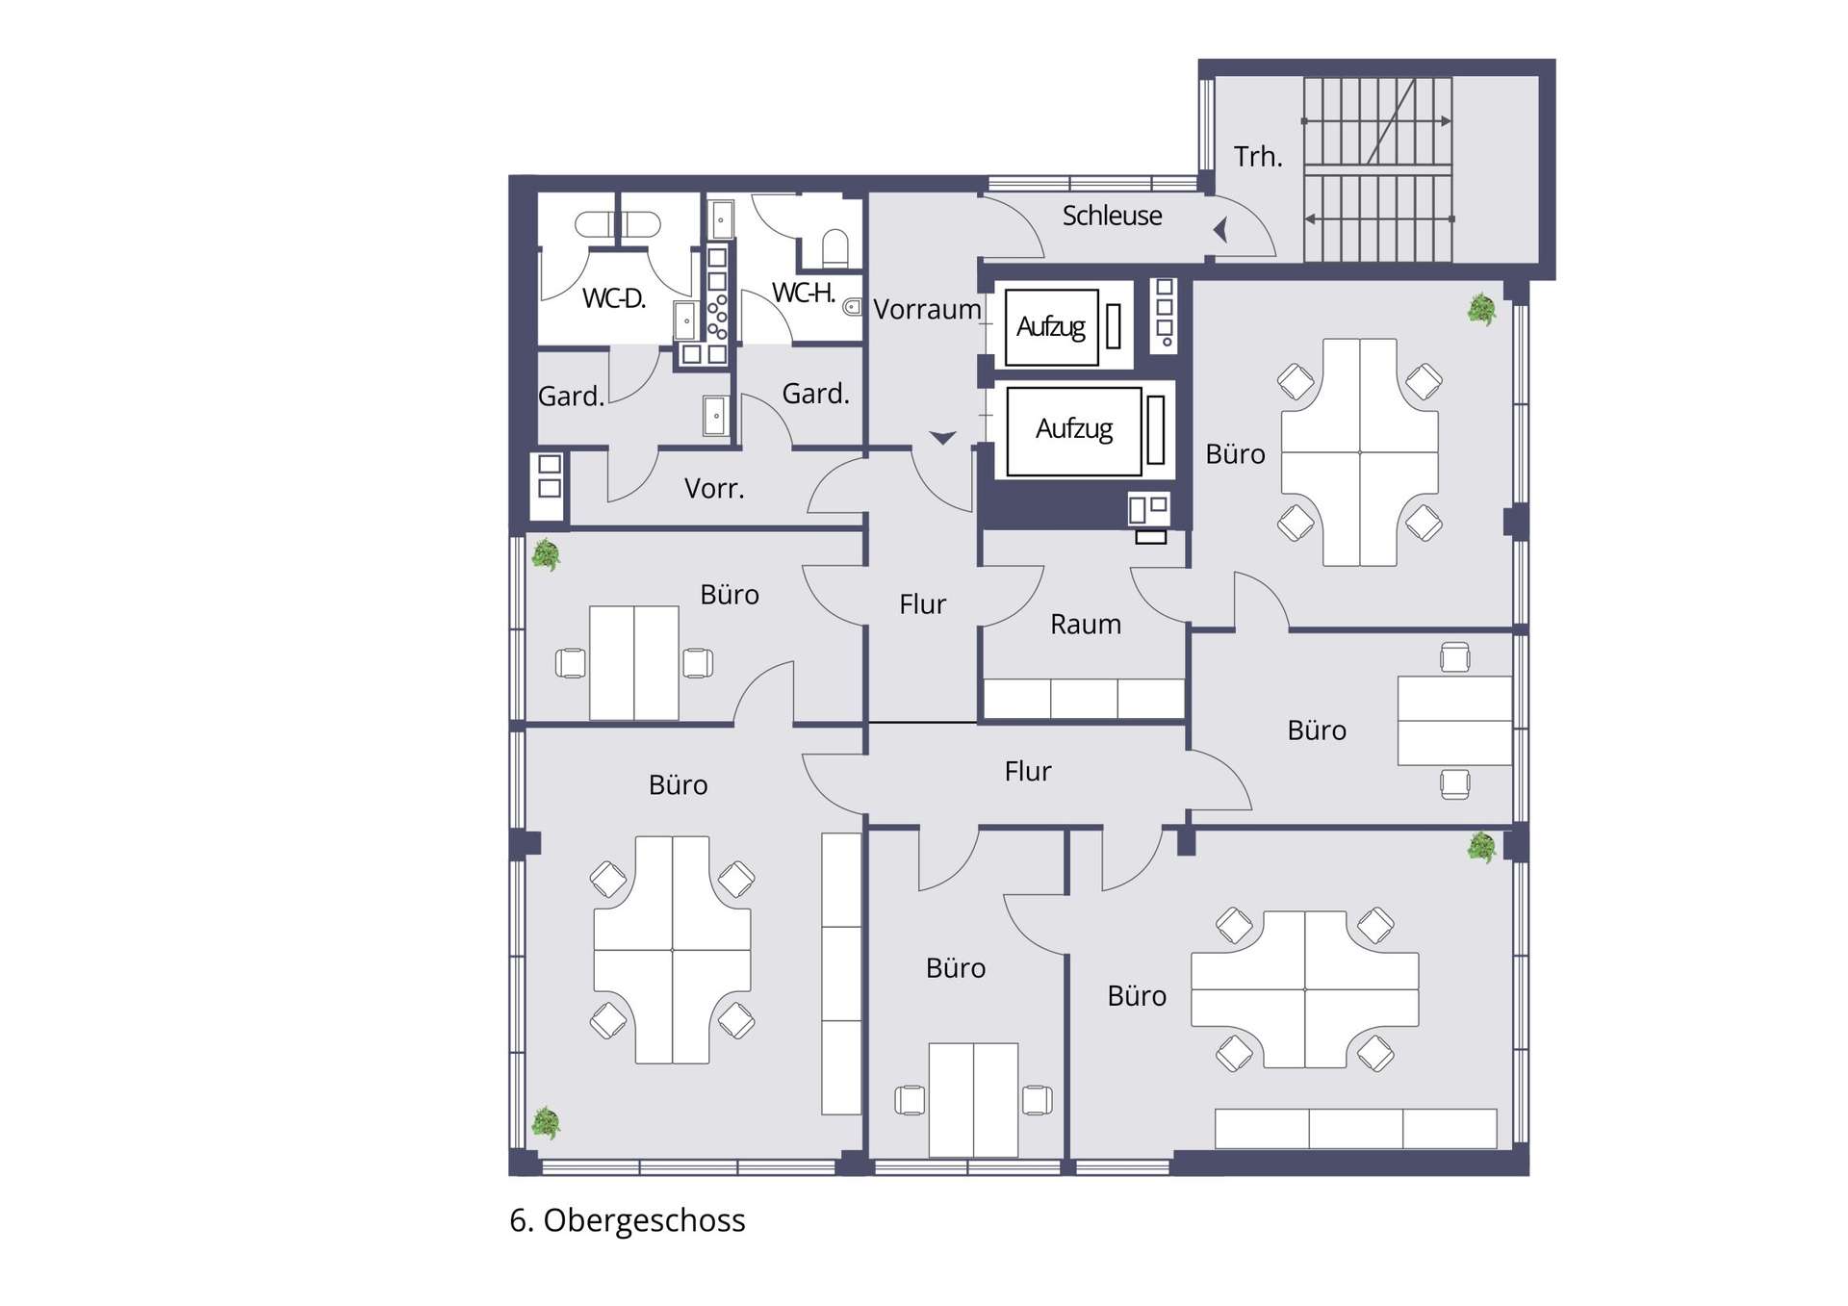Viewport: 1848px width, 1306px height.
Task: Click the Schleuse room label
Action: click(1112, 216)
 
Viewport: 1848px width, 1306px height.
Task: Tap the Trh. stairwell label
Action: click(1258, 156)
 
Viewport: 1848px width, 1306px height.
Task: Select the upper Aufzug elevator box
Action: click(1051, 327)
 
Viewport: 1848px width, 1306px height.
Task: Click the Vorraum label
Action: click(927, 309)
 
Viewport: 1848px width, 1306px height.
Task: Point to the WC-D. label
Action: click(614, 298)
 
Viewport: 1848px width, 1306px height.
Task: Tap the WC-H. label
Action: click(803, 293)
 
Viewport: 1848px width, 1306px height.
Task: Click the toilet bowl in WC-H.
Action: click(835, 248)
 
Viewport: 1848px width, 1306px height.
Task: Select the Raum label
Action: click(1086, 625)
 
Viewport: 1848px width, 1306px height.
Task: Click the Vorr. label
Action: click(714, 489)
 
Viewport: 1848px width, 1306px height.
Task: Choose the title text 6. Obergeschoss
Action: click(628, 1220)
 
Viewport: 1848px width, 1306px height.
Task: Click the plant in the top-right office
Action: click(1481, 310)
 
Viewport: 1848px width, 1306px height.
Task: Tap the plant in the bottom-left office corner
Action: click(546, 1122)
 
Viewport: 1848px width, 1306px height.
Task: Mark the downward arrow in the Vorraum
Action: click(942, 438)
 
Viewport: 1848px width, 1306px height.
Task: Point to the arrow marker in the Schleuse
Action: click(1220, 230)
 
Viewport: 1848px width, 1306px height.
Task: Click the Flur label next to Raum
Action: click(922, 604)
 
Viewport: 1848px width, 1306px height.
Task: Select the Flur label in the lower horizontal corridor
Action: click(1028, 771)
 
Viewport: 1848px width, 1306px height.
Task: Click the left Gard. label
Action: click(571, 396)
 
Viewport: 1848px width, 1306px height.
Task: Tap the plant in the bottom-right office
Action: click(1481, 847)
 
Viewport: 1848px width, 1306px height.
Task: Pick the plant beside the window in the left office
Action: click(546, 555)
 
